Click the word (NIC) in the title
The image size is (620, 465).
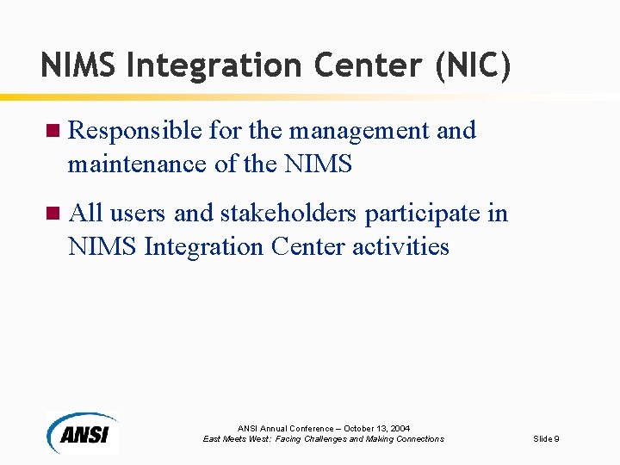(473, 66)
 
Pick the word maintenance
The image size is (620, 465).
(137, 164)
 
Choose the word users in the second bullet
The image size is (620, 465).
(139, 214)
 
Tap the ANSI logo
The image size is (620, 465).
(82, 431)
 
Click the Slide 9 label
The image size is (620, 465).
(546, 439)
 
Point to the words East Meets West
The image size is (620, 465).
(233, 439)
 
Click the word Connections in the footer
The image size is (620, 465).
(417, 439)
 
